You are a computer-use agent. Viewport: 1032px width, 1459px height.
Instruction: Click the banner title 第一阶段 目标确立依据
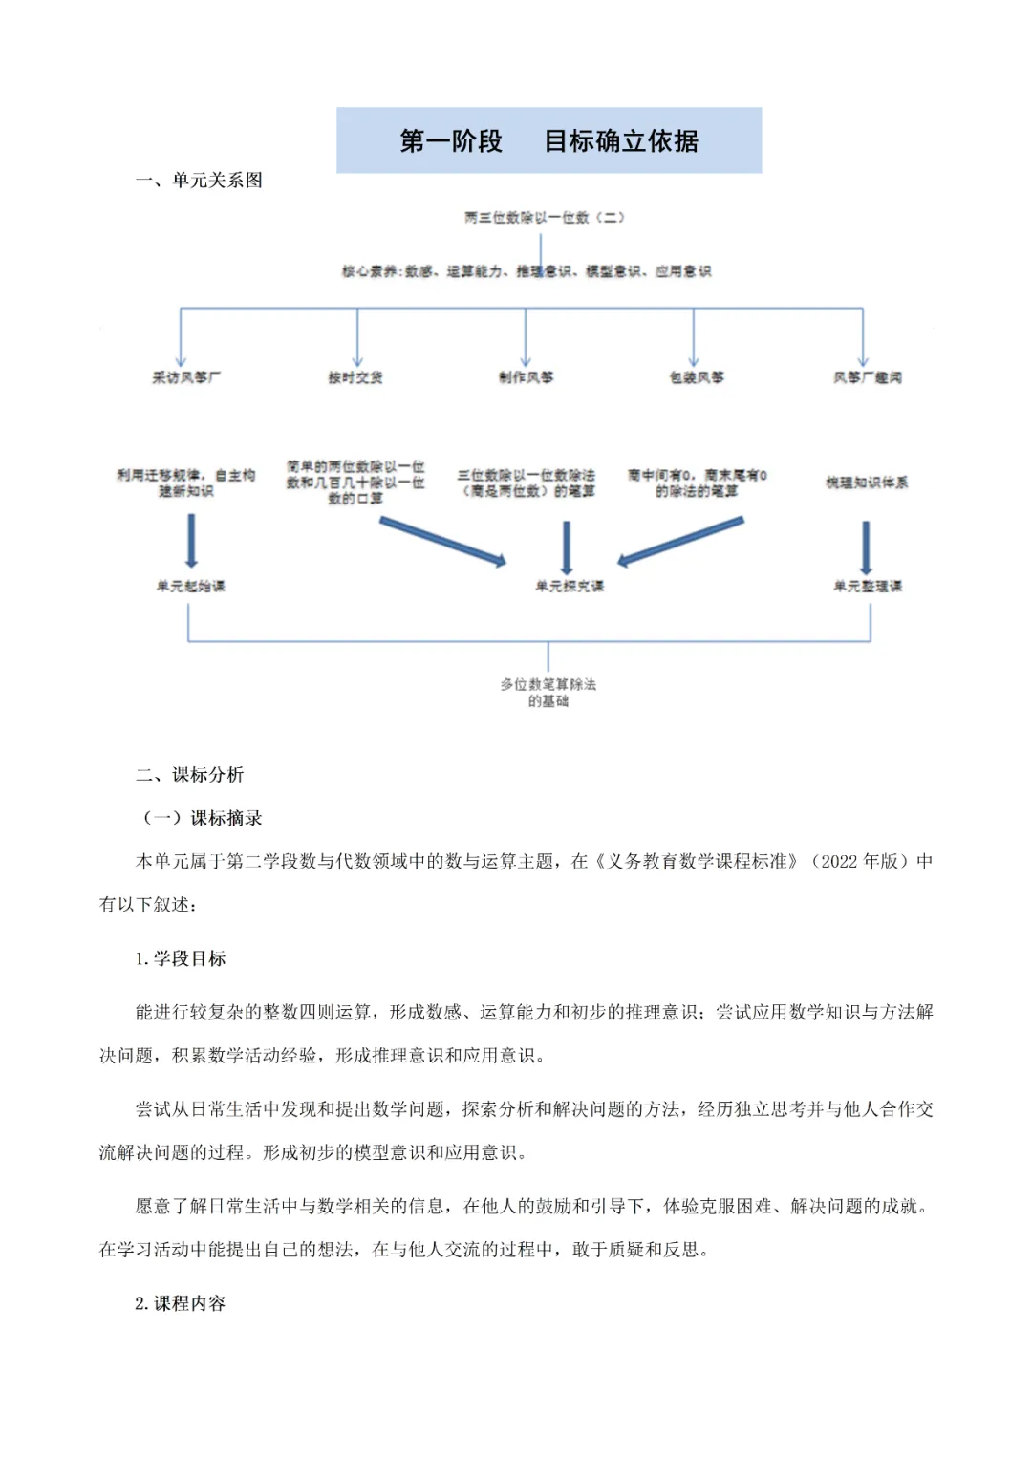pos(548,141)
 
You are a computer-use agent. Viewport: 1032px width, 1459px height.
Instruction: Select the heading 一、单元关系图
pos(199,181)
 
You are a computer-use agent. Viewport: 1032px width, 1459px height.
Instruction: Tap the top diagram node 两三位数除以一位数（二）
pos(544,218)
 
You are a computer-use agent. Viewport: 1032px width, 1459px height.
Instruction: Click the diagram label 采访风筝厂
pos(186,377)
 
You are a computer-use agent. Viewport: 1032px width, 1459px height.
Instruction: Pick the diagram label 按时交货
pos(355,377)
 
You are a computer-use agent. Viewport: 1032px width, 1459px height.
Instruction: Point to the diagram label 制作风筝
pos(526,377)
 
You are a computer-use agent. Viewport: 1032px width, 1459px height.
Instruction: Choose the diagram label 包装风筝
pos(696,377)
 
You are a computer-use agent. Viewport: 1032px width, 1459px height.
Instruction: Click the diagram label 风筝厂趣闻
pos(867,377)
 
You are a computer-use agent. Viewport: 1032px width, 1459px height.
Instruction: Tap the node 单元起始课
pos(190,586)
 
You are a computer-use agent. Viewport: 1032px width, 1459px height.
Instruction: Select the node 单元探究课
pos(570,586)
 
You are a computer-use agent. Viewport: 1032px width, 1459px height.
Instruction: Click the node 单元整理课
pos(867,586)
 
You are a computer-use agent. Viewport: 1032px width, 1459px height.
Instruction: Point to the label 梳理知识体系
pos(867,483)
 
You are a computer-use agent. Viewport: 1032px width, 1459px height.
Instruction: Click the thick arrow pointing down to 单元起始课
pos(191,541)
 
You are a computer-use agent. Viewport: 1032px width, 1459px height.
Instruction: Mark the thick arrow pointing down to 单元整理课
pos(866,547)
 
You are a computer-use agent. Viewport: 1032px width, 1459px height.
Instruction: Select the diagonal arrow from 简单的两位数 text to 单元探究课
pos(441,541)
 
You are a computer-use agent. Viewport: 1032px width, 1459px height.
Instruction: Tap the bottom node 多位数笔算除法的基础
pos(548,693)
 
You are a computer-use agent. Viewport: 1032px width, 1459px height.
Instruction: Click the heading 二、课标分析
pos(189,775)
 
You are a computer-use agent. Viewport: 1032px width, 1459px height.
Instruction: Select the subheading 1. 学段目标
pos(181,958)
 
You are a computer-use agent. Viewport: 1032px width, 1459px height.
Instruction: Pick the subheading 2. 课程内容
pos(181,1303)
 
